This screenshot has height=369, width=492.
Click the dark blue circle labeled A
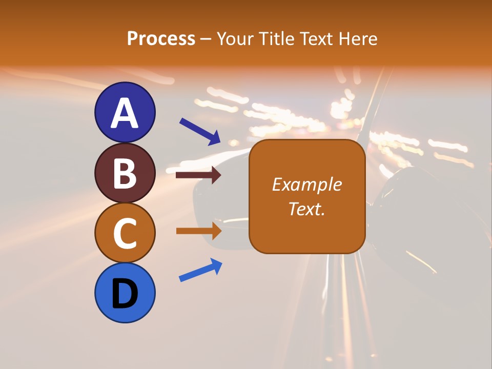click(125, 112)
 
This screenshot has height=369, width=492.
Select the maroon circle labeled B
click(125, 173)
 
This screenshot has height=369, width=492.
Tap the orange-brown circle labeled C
click(125, 233)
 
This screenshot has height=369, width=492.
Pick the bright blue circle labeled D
click(125, 293)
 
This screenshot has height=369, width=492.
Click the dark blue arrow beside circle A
click(200, 131)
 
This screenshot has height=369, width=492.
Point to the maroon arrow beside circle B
click(198, 175)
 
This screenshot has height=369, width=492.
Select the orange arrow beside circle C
click(198, 231)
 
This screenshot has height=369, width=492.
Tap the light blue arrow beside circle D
click(200, 270)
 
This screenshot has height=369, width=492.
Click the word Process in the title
click(161, 39)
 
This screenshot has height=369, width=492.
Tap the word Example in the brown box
click(306, 184)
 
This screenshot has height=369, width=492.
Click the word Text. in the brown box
click(306, 209)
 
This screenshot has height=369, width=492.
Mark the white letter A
click(125, 113)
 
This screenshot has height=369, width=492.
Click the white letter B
click(125, 173)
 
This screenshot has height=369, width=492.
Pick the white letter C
click(125, 233)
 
